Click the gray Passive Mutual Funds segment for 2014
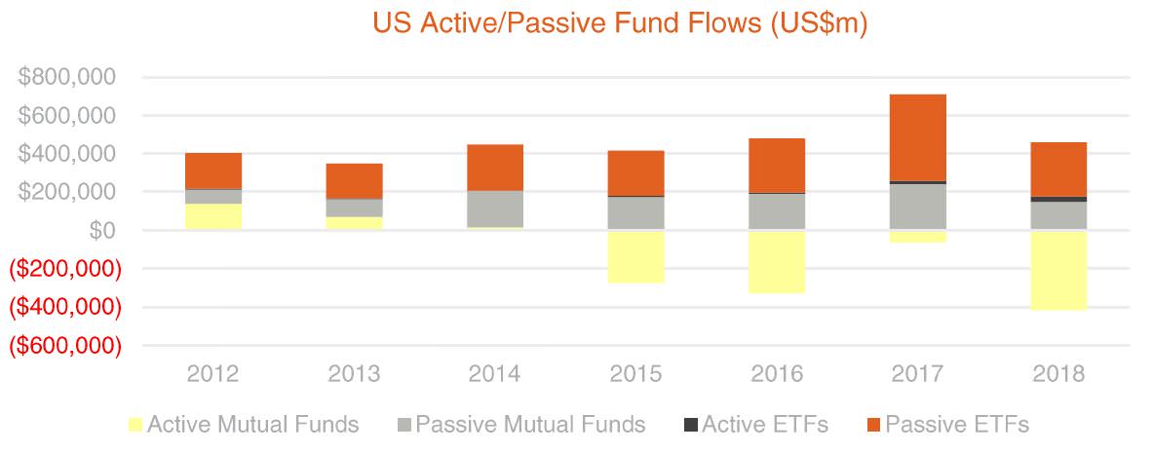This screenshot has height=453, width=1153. click(x=495, y=209)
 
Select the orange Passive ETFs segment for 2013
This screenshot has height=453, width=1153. click(x=355, y=181)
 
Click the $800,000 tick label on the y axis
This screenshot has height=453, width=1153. click(x=67, y=77)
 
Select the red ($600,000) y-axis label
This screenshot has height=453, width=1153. click(x=64, y=346)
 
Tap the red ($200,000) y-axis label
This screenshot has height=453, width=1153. click(x=64, y=269)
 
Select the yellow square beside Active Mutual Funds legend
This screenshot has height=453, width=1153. click(x=135, y=425)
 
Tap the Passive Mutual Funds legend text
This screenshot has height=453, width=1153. click(x=530, y=425)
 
